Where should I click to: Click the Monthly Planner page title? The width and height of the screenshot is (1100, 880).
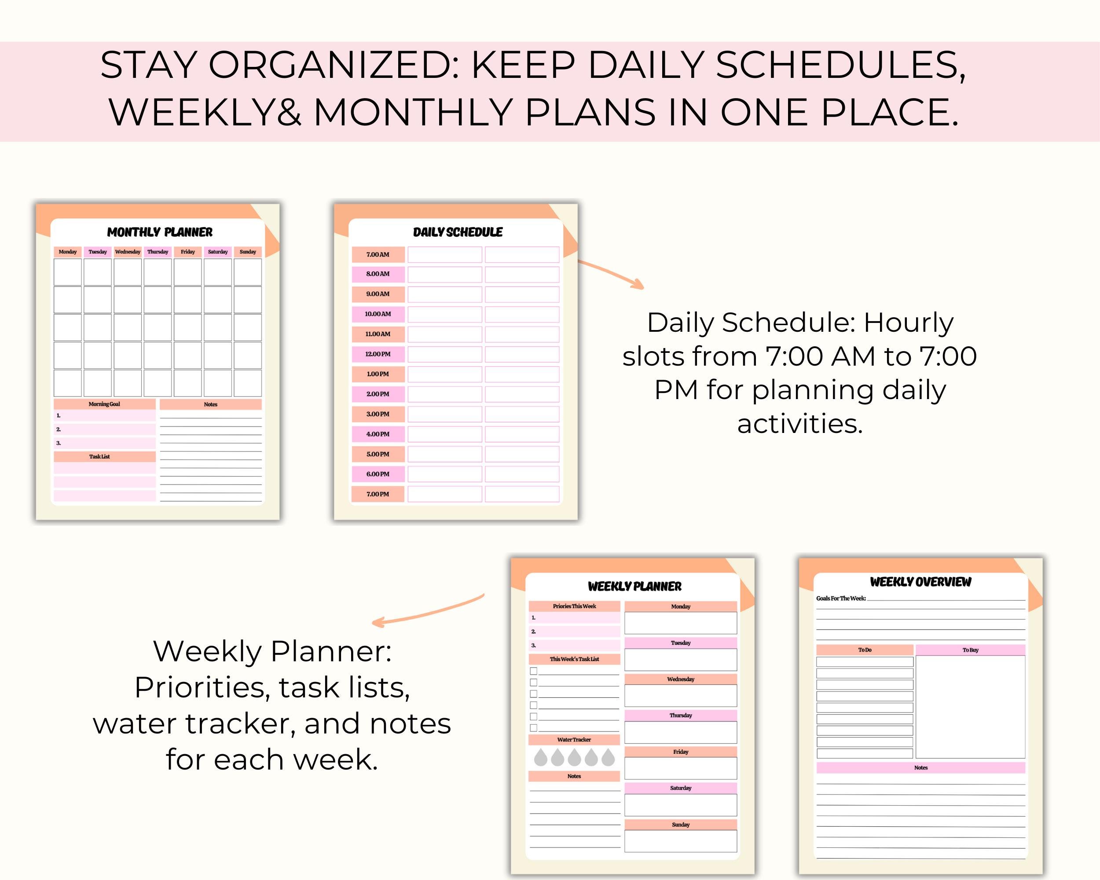tap(160, 232)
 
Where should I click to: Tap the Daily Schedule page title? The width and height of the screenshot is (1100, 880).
tap(458, 232)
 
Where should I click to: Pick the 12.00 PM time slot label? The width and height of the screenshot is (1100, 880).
tap(378, 354)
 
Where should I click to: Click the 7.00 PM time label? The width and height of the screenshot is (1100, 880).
tap(378, 494)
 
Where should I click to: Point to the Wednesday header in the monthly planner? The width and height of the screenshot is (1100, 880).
tap(128, 252)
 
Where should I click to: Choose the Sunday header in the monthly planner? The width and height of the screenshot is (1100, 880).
tap(248, 252)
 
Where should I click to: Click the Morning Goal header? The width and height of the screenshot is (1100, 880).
tap(104, 404)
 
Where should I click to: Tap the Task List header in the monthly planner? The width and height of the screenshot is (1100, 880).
tap(99, 457)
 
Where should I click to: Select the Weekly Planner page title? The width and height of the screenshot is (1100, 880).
tap(634, 587)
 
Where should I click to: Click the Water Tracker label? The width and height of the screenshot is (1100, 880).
tap(574, 740)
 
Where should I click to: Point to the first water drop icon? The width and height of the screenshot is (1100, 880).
tap(540, 758)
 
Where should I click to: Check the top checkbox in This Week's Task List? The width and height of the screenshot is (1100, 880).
tap(534, 671)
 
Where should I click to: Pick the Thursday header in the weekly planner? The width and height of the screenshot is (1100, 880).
tap(681, 716)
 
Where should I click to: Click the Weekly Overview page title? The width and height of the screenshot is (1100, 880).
tap(920, 582)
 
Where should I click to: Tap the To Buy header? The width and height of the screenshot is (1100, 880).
tap(970, 650)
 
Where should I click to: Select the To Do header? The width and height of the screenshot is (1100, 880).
tap(865, 650)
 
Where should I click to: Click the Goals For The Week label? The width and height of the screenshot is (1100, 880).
tap(841, 598)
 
